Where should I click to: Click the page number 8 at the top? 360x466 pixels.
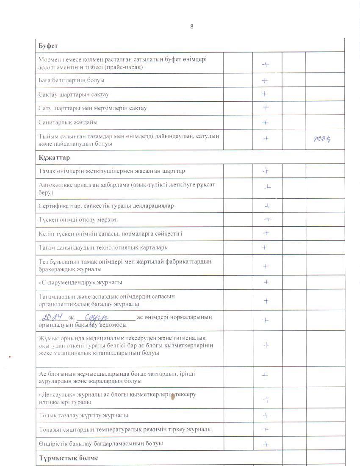coord(192,26)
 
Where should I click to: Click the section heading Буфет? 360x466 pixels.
coord(48,45)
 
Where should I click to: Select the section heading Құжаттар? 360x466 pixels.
coord(54,158)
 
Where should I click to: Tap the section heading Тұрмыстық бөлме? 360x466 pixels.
coord(68,458)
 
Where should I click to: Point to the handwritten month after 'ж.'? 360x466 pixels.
coord(97,317)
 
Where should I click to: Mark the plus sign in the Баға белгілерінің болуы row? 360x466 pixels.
coord(265,80)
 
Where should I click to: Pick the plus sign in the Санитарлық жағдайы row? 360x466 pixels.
coord(265,122)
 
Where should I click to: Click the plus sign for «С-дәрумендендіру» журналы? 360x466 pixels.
coord(266,282)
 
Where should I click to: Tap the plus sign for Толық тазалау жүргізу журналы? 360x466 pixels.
coord(266,415)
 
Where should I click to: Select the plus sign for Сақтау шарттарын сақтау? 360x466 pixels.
coord(264,94)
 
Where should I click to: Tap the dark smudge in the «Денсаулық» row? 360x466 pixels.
coord(172,397)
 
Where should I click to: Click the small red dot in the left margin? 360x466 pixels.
coord(9,357)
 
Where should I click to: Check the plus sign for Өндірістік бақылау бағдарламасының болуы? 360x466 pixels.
coord(266,444)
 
